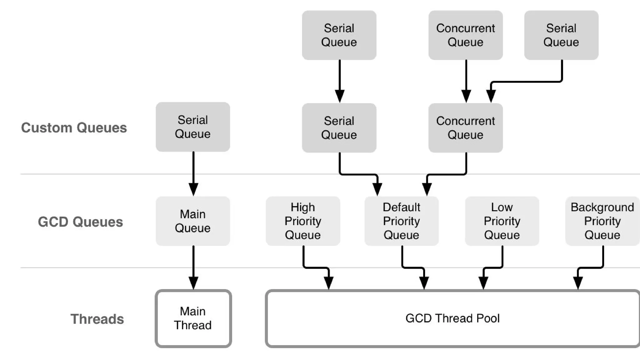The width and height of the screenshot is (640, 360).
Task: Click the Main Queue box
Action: tap(193, 221)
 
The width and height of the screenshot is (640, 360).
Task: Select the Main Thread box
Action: tap(193, 318)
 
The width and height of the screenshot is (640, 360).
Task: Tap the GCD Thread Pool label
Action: tap(452, 318)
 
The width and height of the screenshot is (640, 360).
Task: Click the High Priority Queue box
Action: tap(303, 221)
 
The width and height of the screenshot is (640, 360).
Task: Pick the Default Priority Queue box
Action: tap(401, 221)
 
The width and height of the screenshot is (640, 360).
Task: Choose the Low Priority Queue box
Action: tap(502, 221)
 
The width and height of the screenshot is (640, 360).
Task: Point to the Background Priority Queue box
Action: tap(602, 221)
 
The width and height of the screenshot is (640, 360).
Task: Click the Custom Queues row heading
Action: tap(74, 128)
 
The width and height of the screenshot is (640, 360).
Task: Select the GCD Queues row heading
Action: tap(80, 222)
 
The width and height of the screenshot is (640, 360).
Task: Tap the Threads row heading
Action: tap(97, 319)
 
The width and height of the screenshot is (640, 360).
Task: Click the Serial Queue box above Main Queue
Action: tap(193, 127)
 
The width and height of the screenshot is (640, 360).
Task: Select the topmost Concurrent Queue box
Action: tap(465, 35)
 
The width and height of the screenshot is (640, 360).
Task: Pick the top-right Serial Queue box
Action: tap(561, 35)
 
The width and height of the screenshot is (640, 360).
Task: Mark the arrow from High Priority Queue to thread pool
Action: tap(316, 267)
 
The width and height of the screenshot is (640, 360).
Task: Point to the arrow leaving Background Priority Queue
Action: tap(591, 267)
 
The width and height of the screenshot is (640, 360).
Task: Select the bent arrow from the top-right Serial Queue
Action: tap(528, 82)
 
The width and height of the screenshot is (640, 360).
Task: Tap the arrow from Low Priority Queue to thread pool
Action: tap(493, 267)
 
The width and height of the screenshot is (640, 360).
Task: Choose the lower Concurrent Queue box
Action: tap(465, 128)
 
